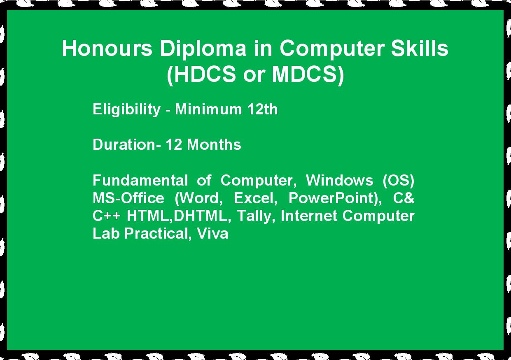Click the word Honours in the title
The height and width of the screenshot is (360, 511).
pyautogui.click(x=107, y=48)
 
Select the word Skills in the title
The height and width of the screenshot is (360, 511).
pyautogui.click(x=420, y=48)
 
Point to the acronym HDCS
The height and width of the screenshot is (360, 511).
pyautogui.click(x=204, y=74)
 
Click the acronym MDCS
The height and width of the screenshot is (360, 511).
pyautogui.click(x=304, y=74)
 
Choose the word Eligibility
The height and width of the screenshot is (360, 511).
pyautogui.click(x=126, y=110)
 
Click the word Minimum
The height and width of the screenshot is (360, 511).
pyautogui.click(x=208, y=109)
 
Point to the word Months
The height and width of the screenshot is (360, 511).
pyautogui.click(x=214, y=144)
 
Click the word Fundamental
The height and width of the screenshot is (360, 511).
pyautogui.click(x=140, y=180)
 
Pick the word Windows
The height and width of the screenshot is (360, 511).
pyautogui.click(x=339, y=180)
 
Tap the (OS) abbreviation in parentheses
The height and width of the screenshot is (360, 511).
pyautogui.click(x=398, y=181)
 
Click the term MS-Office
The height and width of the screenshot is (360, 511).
pyautogui.click(x=128, y=198)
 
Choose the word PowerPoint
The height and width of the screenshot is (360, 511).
pyautogui.click(x=333, y=198)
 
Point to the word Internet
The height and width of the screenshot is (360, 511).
pyautogui.click(x=309, y=216)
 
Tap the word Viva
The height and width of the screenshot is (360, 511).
pyautogui.click(x=212, y=233)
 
